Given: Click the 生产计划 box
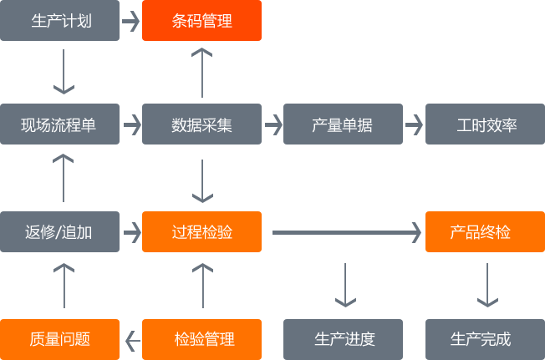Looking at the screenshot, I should tap(60, 21).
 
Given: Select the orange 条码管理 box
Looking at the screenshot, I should tap(201, 21).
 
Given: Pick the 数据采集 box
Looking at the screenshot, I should tap(201, 125).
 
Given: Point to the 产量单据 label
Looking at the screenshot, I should tap(342, 125).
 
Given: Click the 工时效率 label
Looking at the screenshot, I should tap(486, 125).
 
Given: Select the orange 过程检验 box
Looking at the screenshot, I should tap(201, 231).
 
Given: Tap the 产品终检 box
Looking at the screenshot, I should tap(480, 231).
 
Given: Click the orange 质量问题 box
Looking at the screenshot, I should tap(60, 338).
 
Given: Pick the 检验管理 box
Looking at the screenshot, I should tap(201, 338).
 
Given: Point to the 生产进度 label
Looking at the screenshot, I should tap(344, 338).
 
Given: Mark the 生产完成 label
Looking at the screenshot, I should tap(480, 338).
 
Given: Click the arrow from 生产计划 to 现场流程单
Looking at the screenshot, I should tap(64, 71).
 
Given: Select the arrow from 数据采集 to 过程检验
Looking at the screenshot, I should tap(201, 180).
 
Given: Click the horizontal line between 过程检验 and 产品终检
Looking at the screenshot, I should tap(339, 232).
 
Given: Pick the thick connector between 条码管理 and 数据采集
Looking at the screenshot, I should tap(201, 72).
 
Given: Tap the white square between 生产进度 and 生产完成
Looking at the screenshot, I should tap(414, 338).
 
